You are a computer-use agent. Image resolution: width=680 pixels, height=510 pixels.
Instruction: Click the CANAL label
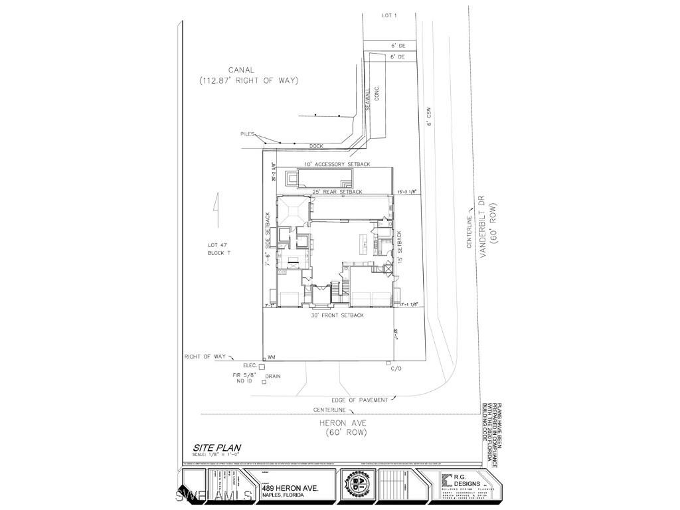pyautogui.click(x=242, y=69)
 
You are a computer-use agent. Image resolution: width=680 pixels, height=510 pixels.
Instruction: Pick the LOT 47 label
pyautogui.click(x=217, y=245)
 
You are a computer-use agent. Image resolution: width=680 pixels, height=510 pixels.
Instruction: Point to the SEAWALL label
pyautogui.click(x=367, y=100)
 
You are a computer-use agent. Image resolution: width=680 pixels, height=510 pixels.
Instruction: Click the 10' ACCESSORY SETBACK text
pyautogui.click(x=337, y=164)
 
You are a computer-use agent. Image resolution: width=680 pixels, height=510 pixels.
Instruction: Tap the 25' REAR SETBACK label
pyautogui.click(x=337, y=192)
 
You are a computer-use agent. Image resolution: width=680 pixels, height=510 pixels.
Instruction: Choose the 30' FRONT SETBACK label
pyautogui.click(x=337, y=315)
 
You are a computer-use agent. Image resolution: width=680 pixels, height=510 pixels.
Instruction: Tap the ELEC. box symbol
pyautogui.click(x=262, y=366)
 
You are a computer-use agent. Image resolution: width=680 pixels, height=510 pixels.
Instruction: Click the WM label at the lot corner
pyautogui.click(x=271, y=357)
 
